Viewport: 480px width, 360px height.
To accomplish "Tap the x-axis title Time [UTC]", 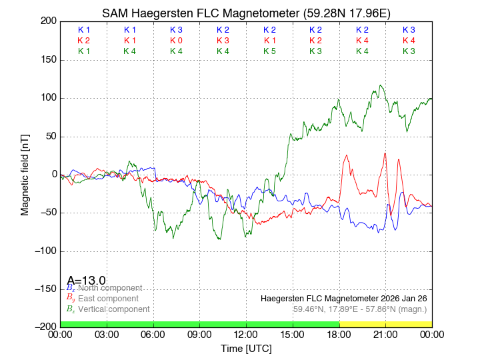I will pos(246,348).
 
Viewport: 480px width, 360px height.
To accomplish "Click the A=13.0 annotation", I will pos(86,281).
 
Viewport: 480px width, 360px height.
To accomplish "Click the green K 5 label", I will pos(269,51).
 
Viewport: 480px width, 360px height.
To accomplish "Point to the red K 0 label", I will pos(176,41).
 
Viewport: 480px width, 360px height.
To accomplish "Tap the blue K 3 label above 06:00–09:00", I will pos(176,30).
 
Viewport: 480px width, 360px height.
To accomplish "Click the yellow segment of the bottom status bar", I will pos(385,324).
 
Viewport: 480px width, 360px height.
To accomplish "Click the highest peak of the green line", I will pos(380,85).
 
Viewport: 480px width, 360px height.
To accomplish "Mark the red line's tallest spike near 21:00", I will pos(385,153).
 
